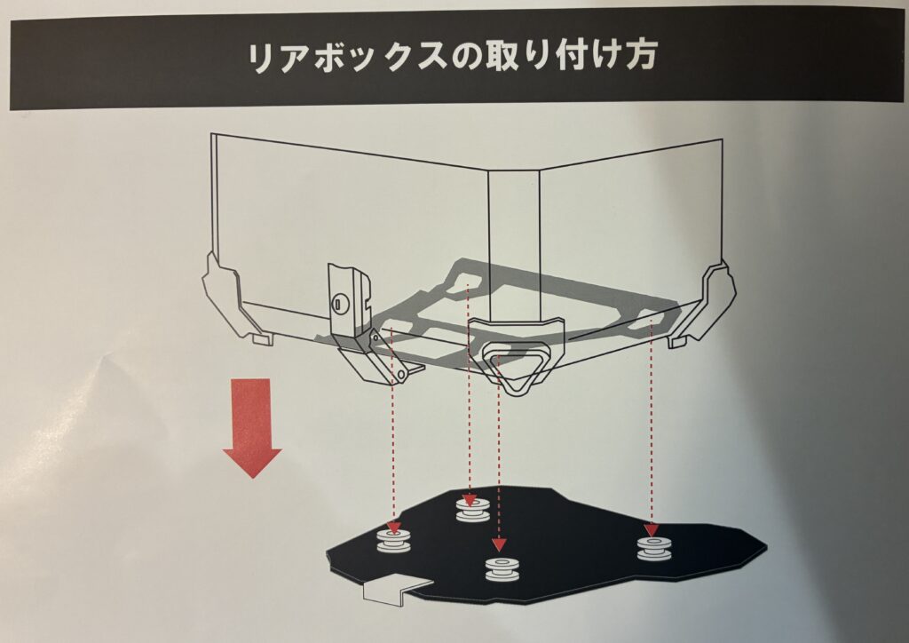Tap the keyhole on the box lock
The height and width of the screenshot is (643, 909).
pyautogui.click(x=338, y=303)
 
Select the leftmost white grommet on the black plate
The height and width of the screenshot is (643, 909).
pyautogui.click(x=394, y=540)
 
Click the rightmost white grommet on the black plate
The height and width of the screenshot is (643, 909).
pyautogui.click(x=654, y=548)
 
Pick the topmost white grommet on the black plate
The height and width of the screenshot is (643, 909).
pyautogui.click(x=473, y=509)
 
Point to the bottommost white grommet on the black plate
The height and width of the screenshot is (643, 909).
pyautogui.click(x=502, y=568)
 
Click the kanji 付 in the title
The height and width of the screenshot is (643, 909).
pyautogui.click(x=573, y=55)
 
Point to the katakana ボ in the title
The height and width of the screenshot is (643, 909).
pyautogui.click(x=336, y=57)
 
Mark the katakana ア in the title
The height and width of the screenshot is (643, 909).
pyautogui.click(x=298, y=58)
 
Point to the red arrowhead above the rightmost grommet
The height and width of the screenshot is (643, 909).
pyautogui.click(x=651, y=530)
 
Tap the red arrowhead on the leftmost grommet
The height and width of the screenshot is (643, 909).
pyautogui.click(x=394, y=527)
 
